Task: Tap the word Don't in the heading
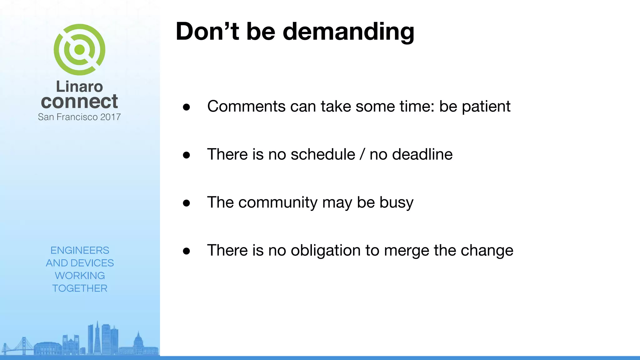(207, 32)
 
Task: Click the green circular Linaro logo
(79, 49)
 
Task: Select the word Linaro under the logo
(79, 87)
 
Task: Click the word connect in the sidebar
(79, 102)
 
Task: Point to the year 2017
(110, 117)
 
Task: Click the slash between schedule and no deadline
(362, 154)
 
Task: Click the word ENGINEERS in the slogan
(80, 250)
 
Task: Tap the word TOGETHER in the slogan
(80, 288)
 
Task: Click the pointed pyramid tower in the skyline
(97, 339)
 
